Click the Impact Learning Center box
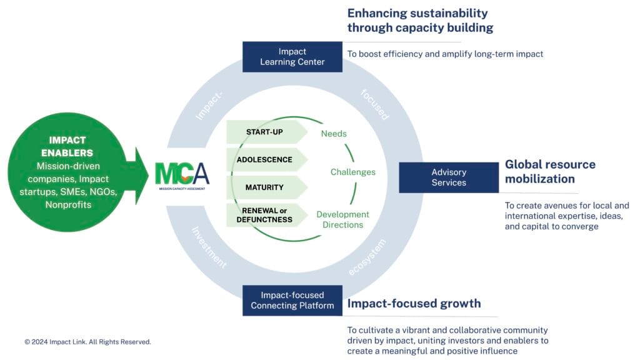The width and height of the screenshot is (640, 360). [x=292, y=57]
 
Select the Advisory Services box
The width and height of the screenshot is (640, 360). [x=448, y=177]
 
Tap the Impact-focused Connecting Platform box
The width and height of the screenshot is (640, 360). [x=292, y=300]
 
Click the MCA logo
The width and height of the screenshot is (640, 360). [x=182, y=174]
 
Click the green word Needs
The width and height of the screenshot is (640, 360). [x=334, y=134]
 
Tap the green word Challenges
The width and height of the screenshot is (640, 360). [x=353, y=172]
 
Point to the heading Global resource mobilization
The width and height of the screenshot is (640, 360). [x=550, y=172]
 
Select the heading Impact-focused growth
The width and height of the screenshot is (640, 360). [x=414, y=304]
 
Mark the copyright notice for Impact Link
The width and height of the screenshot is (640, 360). [x=87, y=342]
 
